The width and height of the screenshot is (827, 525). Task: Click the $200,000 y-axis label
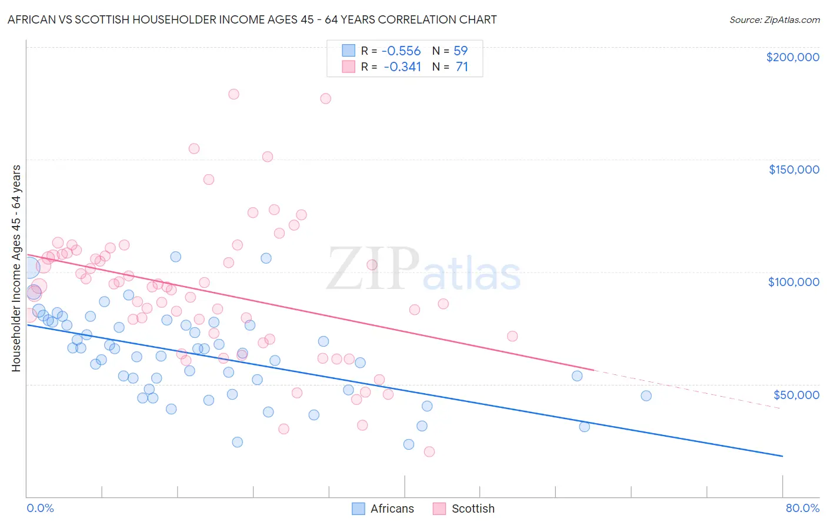click(x=792, y=57)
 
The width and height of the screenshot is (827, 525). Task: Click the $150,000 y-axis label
click(x=793, y=170)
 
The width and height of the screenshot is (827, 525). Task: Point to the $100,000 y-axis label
click(x=793, y=282)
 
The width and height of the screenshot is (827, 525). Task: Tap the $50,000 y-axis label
click(x=796, y=394)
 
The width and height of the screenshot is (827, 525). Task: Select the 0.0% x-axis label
click(x=40, y=508)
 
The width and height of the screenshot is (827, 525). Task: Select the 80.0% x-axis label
click(x=802, y=508)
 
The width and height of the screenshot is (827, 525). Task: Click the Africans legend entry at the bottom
click(x=392, y=509)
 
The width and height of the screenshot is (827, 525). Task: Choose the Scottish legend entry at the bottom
click(x=472, y=509)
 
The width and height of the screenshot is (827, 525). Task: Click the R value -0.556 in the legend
click(x=402, y=51)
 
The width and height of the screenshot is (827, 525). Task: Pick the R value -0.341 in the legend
click(x=402, y=67)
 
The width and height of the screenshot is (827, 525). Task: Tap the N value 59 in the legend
click(x=461, y=51)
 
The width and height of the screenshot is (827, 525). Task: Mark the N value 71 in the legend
click(x=462, y=67)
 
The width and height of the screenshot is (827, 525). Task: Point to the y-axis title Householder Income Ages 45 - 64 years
click(x=16, y=268)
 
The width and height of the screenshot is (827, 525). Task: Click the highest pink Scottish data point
click(x=234, y=94)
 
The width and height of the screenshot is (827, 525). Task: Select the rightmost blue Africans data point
click(x=646, y=396)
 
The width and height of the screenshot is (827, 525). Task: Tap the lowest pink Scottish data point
click(x=429, y=451)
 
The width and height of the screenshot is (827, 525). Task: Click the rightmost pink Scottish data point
click(x=512, y=336)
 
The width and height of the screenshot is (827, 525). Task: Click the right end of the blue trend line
click(x=782, y=456)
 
